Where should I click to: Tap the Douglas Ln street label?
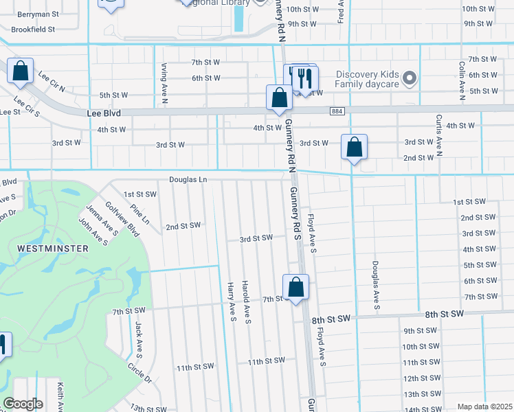click(x=188, y=180)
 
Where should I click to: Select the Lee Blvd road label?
click(x=104, y=113)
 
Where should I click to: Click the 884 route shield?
click(x=337, y=111)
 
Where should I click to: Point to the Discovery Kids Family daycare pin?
click(x=410, y=79)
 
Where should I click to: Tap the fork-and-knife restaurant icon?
click(x=305, y=79)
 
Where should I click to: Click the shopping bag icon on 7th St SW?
click(x=295, y=287)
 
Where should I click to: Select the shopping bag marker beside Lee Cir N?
click(x=21, y=70)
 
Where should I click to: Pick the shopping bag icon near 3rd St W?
click(x=354, y=147)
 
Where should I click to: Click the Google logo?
click(x=23, y=403)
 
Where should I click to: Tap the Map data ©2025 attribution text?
click(x=484, y=407)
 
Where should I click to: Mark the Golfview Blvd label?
click(x=122, y=219)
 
